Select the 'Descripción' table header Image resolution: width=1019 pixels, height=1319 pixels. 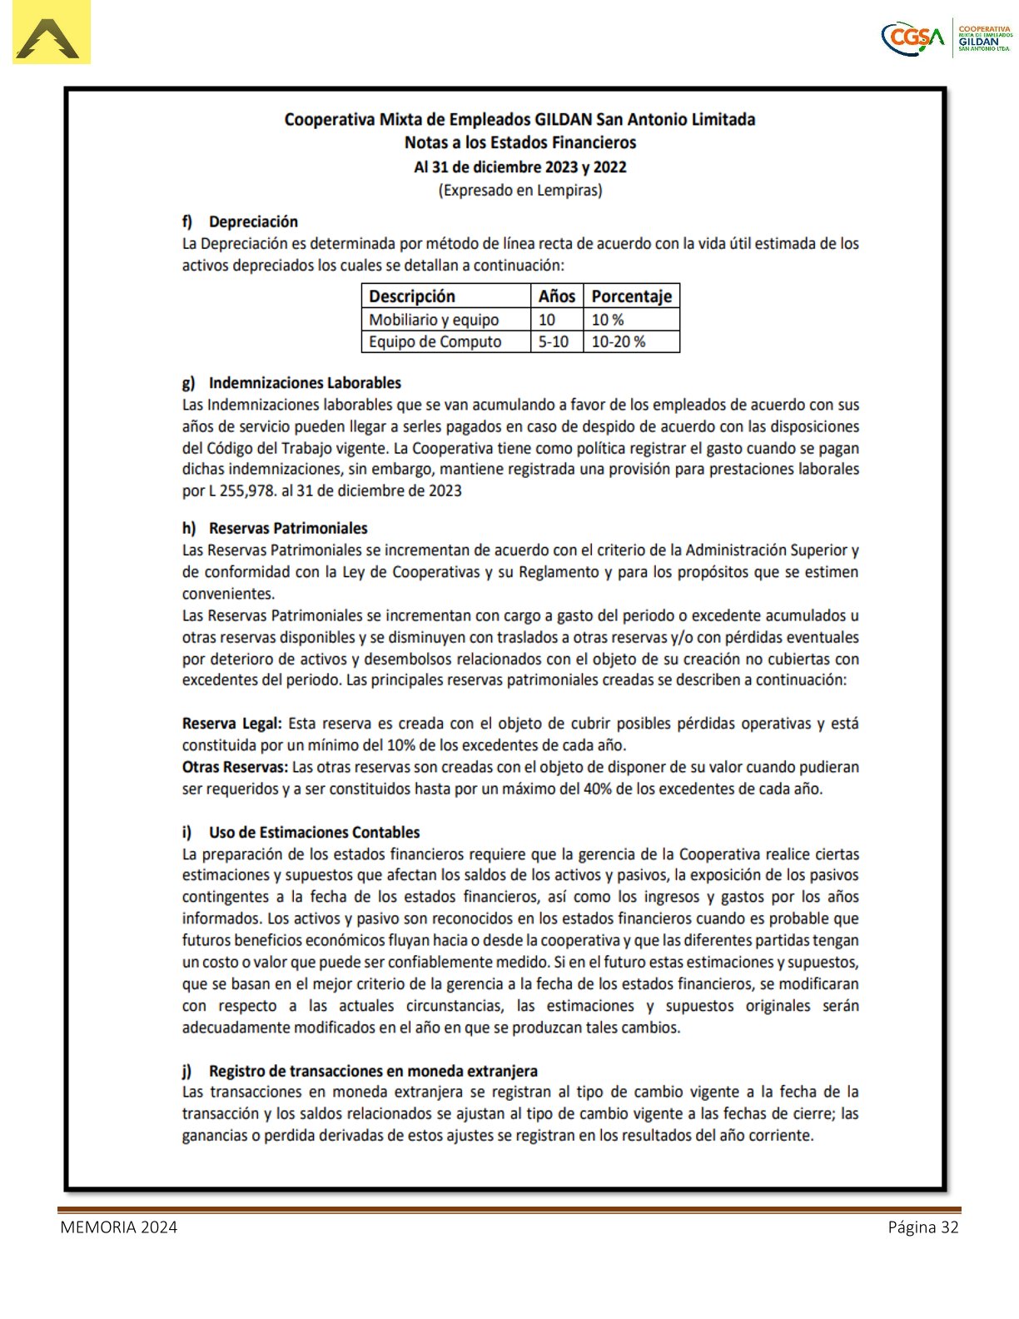pyautogui.click(x=412, y=296)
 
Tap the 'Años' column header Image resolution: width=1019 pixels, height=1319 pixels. pyautogui.click(x=557, y=296)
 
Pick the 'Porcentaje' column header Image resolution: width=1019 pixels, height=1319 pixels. pyautogui.click(x=631, y=296)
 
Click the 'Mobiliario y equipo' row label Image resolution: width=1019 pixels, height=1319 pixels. pyautogui.click(x=434, y=320)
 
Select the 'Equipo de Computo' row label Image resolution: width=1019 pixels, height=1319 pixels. pyautogui.click(x=435, y=341)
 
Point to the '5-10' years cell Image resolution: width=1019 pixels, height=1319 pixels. pyautogui.click(x=554, y=341)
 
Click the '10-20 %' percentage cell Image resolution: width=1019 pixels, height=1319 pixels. pyautogui.click(x=618, y=341)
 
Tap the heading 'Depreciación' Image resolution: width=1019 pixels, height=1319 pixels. pyautogui.click(x=253, y=221)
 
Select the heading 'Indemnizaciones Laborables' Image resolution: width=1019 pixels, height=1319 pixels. pyautogui.click(x=305, y=383)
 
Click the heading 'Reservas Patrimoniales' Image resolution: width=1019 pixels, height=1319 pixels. pyautogui.click(x=288, y=528)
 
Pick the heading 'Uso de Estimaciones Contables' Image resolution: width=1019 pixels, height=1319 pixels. pyautogui.click(x=314, y=832)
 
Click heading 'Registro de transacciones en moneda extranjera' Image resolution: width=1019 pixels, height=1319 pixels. pyautogui.click(x=373, y=1071)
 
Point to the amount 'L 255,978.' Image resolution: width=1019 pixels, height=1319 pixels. pyautogui.click(x=242, y=490)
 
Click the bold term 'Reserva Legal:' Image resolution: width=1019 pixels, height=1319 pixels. pyautogui.click(x=231, y=724)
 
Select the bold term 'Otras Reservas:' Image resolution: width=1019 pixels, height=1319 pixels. pyautogui.click(x=235, y=767)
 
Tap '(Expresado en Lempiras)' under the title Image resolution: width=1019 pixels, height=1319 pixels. pyautogui.click(x=520, y=190)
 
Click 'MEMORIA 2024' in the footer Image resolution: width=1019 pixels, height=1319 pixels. pyautogui.click(x=118, y=1227)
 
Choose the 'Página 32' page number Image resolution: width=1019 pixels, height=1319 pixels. pyautogui.click(x=923, y=1227)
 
